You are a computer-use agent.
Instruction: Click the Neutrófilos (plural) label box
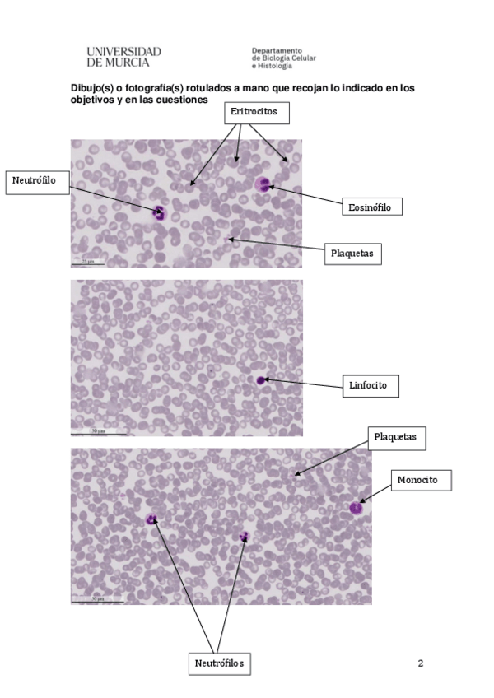(220, 663)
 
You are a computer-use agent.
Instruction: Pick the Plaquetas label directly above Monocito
(396, 439)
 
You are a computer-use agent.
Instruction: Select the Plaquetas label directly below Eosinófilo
(352, 253)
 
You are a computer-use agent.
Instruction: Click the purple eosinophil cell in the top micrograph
(263, 185)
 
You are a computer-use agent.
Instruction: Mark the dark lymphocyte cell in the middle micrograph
(261, 380)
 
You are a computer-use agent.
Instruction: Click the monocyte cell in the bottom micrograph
(356, 507)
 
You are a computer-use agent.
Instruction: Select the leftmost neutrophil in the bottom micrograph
(151, 519)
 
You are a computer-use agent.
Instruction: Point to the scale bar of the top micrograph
(89, 260)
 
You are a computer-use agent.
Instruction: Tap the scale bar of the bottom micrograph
(96, 600)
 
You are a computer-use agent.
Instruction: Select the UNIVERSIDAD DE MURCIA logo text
(123, 56)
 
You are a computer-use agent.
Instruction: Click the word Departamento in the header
(277, 50)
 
